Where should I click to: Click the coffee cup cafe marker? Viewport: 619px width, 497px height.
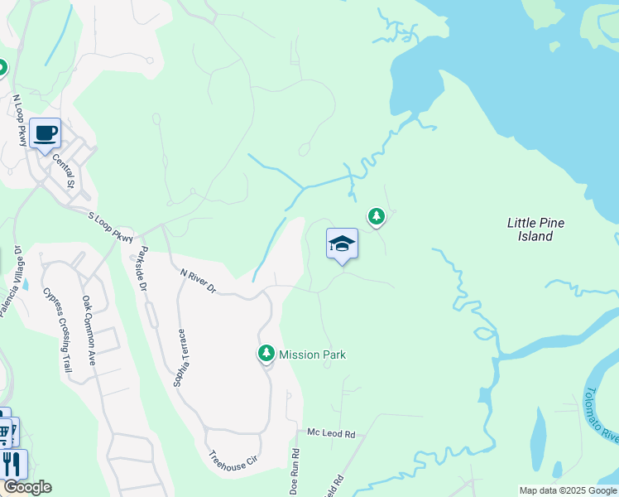tap(45, 133)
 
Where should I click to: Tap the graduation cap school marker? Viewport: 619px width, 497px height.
tap(342, 244)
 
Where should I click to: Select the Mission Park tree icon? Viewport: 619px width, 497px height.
tap(266, 355)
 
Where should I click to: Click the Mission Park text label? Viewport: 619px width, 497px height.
tap(312, 355)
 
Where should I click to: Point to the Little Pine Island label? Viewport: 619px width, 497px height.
tap(530, 229)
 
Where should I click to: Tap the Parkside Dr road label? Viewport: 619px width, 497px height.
tap(142, 268)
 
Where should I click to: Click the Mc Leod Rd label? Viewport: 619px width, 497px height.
tap(331, 433)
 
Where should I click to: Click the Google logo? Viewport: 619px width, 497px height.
tap(26, 487)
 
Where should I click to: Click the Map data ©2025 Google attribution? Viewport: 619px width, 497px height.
tap(567, 490)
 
